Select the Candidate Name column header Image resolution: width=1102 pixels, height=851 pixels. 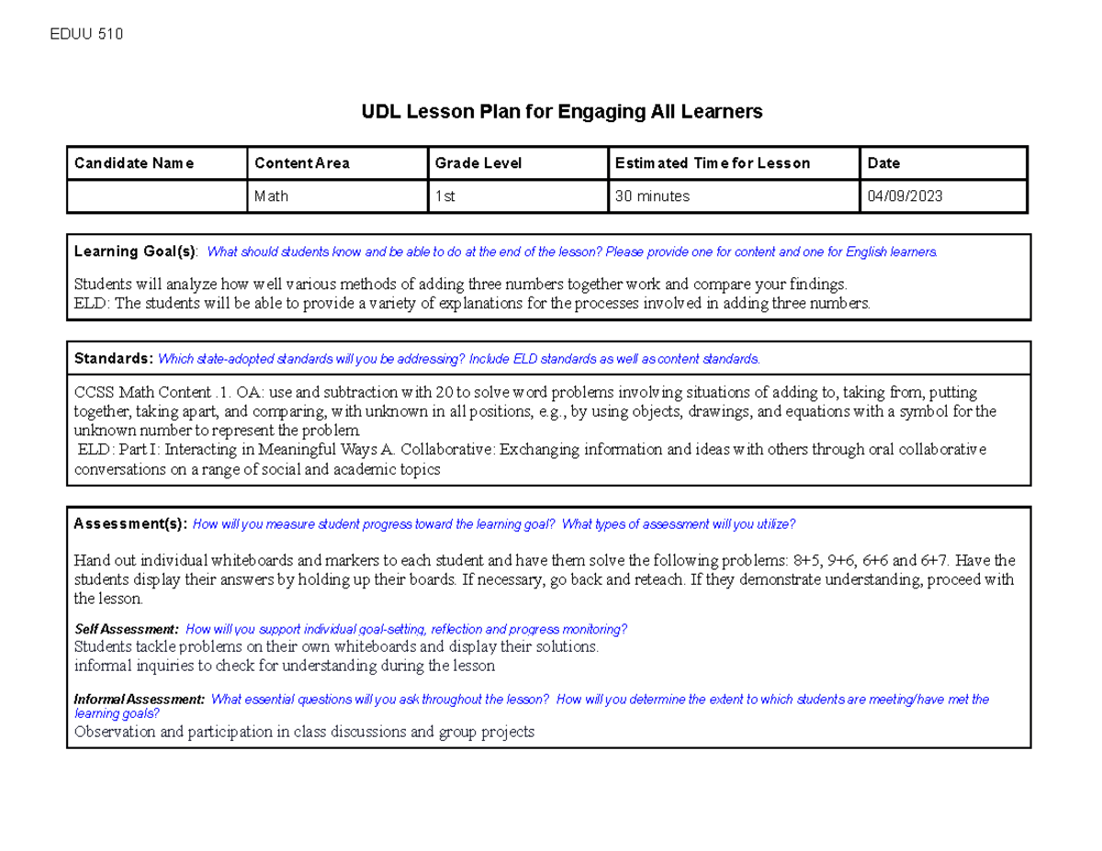(x=134, y=163)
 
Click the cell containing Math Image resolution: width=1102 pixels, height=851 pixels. (x=271, y=196)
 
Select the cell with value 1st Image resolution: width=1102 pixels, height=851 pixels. (x=445, y=196)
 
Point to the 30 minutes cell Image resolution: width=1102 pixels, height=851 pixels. (x=652, y=196)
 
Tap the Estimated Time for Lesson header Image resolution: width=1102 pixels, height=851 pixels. (x=712, y=163)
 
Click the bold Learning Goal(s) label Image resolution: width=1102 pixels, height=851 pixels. (x=136, y=252)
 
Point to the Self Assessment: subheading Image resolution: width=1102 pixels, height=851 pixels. (x=126, y=630)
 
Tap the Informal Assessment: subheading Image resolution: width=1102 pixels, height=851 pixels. (x=139, y=700)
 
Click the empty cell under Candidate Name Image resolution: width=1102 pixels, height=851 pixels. (x=156, y=196)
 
